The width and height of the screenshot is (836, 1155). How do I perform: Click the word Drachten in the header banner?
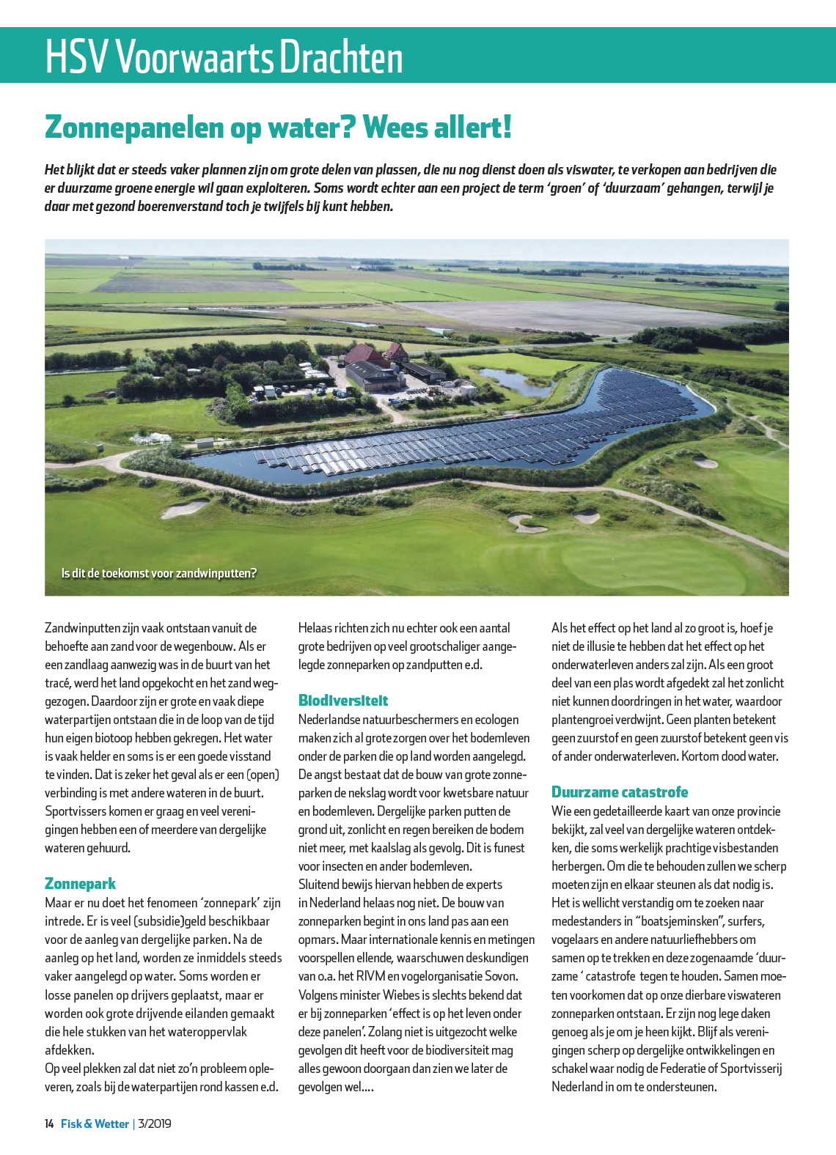341,57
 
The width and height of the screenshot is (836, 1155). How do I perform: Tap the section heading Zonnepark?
80,883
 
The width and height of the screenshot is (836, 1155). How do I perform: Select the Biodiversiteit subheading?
342,700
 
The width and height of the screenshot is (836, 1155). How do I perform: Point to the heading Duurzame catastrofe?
620,791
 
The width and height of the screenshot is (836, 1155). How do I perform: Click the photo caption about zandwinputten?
159,573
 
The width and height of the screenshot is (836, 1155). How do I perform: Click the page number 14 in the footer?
49,1123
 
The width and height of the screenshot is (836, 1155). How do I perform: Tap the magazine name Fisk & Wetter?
95,1123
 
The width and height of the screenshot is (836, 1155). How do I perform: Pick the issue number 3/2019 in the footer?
155,1123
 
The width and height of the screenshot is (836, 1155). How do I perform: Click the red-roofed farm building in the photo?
367,355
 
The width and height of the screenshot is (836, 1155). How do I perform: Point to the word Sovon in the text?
500,976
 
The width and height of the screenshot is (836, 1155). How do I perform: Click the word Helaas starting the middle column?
315,628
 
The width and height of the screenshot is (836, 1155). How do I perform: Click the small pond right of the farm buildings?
513,380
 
